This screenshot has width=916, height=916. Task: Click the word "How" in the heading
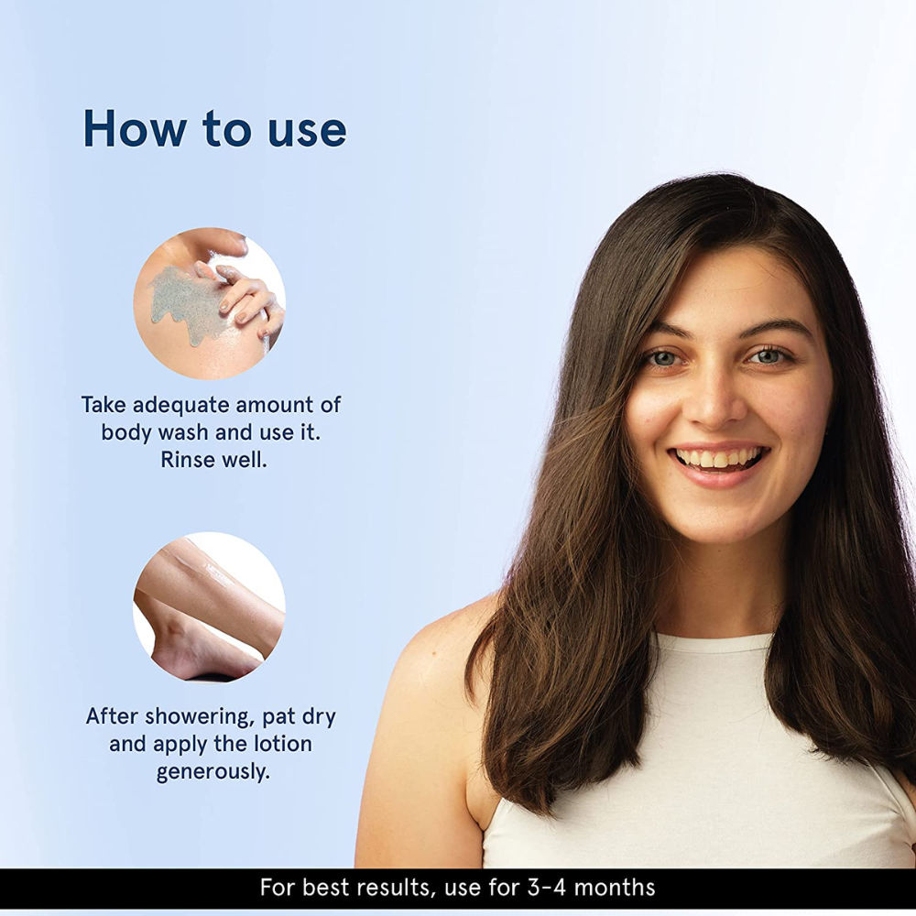[136, 128]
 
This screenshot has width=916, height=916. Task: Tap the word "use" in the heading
[307, 132]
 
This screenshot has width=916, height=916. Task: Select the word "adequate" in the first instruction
[181, 406]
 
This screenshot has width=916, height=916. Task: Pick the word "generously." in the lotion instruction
[213, 772]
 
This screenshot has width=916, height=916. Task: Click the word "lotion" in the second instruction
[283, 744]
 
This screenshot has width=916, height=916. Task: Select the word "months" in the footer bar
[615, 888]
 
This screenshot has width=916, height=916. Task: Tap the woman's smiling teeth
[718, 457]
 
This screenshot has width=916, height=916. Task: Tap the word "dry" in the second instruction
[319, 718]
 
